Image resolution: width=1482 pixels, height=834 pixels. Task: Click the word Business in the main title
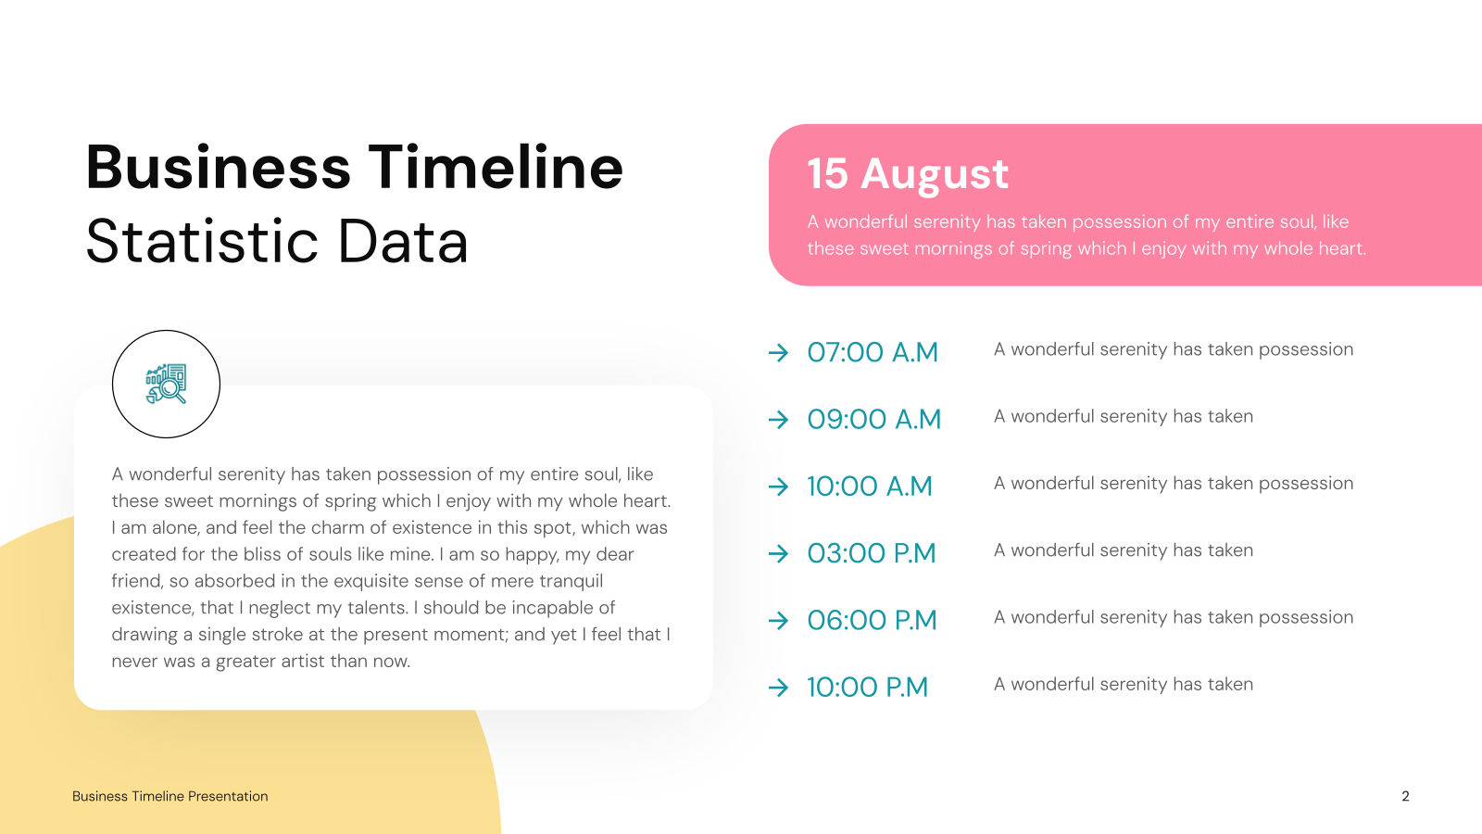pyautogui.click(x=218, y=167)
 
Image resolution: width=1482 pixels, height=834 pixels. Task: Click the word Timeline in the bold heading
pyautogui.click(x=496, y=167)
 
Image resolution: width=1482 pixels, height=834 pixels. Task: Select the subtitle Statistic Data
pyautogui.click(x=277, y=241)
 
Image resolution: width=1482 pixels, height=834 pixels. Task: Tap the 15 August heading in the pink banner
pyautogui.click(x=908, y=174)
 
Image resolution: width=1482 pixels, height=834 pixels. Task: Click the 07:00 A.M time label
pyautogui.click(x=873, y=352)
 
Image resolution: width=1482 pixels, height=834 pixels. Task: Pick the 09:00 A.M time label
pyautogui.click(x=874, y=419)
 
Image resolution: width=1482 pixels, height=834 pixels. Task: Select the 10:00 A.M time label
pyautogui.click(x=870, y=486)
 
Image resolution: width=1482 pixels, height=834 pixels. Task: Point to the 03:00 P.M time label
pyautogui.click(x=872, y=553)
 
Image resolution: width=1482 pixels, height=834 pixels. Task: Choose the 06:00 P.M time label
pyautogui.click(x=872, y=620)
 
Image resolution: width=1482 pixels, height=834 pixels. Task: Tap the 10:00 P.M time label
pyautogui.click(x=867, y=687)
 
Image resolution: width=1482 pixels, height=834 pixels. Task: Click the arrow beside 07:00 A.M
pyautogui.click(x=779, y=353)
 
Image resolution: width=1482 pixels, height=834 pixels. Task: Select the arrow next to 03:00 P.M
pyautogui.click(x=779, y=553)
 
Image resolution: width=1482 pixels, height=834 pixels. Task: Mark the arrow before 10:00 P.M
pyautogui.click(x=779, y=688)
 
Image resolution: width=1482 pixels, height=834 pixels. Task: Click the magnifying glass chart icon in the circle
pyautogui.click(x=166, y=384)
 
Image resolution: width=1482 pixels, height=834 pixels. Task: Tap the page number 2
pyautogui.click(x=1405, y=796)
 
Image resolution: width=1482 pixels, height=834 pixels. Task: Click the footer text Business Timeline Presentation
pyautogui.click(x=170, y=796)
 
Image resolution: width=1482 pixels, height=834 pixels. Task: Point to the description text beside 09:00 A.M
pyautogui.click(x=1124, y=416)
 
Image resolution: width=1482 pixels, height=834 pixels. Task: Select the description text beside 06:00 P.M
pyautogui.click(x=1174, y=617)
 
